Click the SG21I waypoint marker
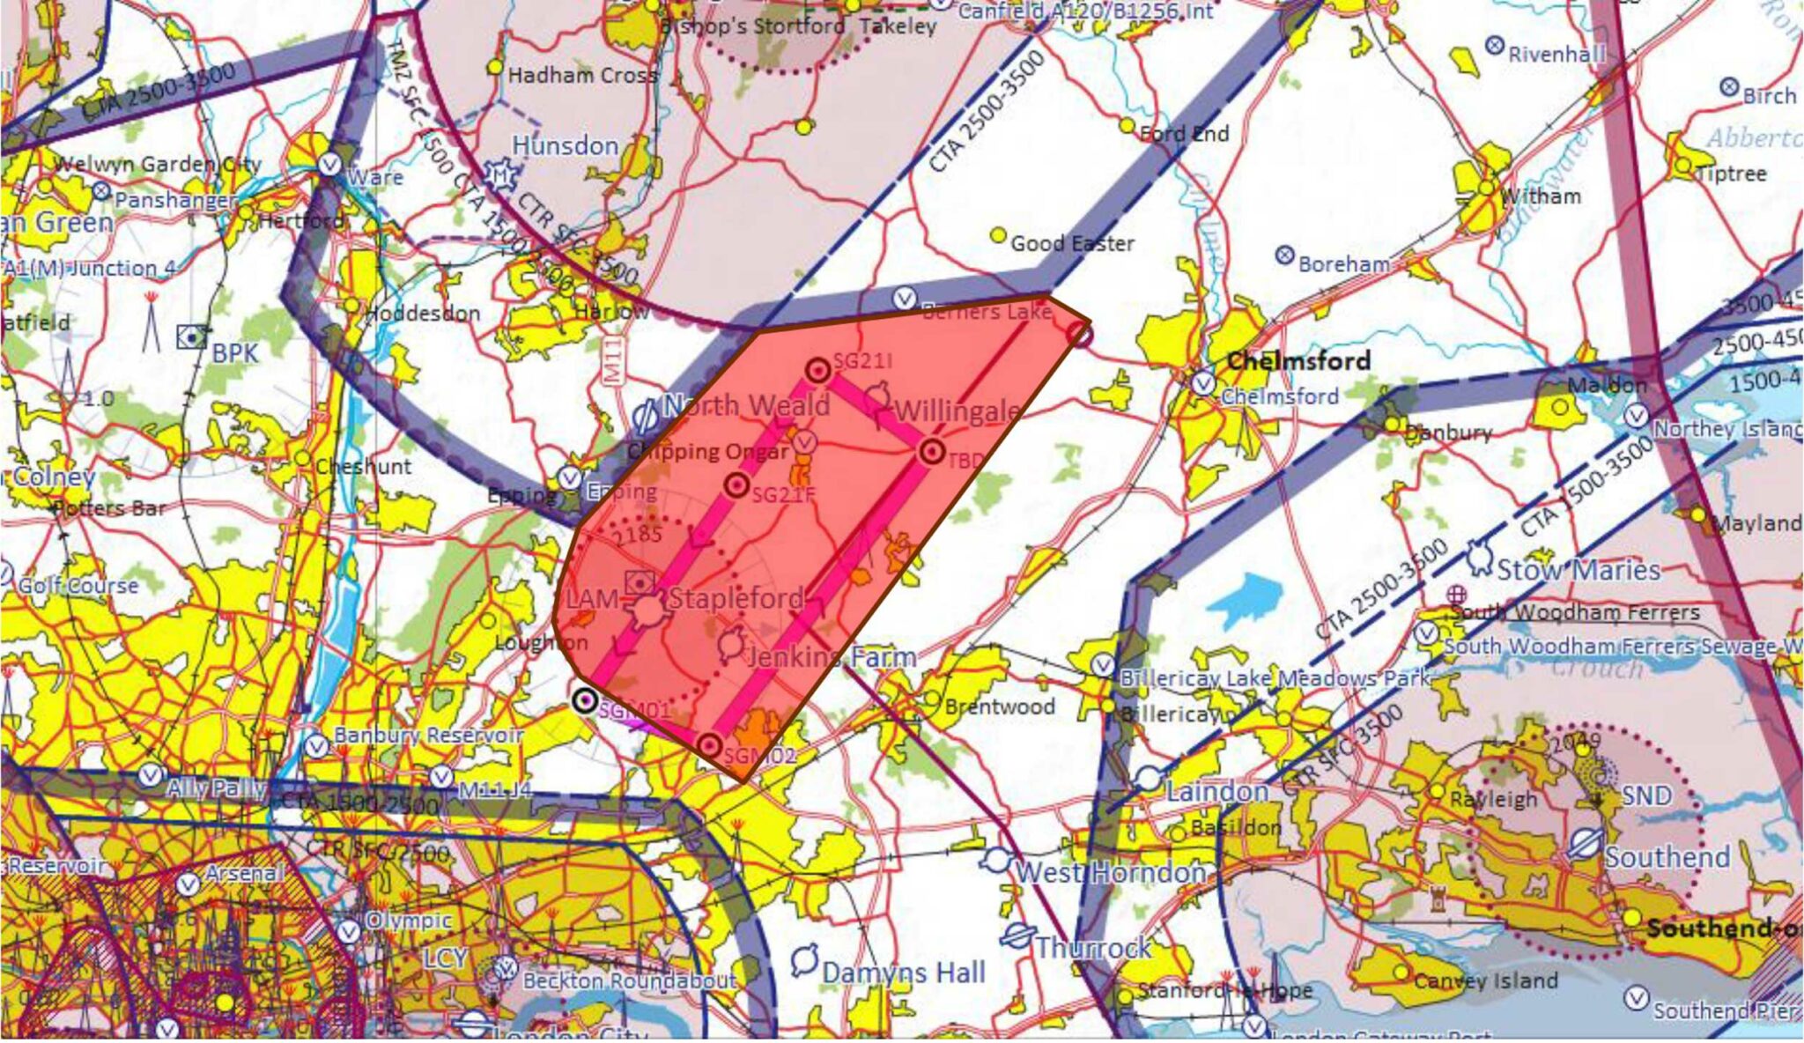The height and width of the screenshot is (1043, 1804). click(x=818, y=370)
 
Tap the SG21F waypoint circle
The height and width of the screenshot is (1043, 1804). click(x=736, y=485)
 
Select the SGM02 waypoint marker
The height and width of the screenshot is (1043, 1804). click(x=709, y=746)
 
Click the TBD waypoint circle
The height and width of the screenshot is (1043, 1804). click(x=932, y=452)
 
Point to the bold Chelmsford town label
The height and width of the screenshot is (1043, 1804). click(x=1298, y=360)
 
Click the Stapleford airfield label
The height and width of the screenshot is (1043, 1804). click(x=736, y=598)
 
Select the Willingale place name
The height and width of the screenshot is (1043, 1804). click(x=957, y=411)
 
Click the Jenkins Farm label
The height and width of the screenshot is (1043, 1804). click(x=832, y=657)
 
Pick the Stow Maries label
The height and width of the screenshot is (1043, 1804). click(x=1578, y=570)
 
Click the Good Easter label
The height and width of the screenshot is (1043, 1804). click(x=1072, y=243)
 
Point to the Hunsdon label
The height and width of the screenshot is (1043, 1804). click(x=566, y=145)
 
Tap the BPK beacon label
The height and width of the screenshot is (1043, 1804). click(x=235, y=353)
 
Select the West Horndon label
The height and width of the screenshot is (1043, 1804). click(x=1111, y=872)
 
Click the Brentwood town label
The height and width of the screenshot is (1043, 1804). click(x=999, y=706)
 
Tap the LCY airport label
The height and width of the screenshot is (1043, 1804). click(x=444, y=958)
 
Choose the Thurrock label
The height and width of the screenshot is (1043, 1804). click(x=1092, y=947)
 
